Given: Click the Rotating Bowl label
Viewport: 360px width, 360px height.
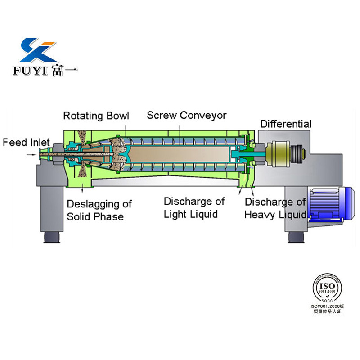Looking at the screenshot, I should (96, 116).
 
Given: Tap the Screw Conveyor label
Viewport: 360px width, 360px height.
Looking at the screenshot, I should (186, 115).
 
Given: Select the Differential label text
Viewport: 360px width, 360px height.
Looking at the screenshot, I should (286, 124).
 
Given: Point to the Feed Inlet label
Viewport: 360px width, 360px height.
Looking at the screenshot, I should (26, 143).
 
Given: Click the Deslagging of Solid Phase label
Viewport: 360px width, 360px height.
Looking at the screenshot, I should (99, 210).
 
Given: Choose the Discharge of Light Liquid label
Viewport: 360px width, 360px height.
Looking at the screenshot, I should (194, 207).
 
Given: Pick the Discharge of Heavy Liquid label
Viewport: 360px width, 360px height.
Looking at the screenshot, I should (275, 208).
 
